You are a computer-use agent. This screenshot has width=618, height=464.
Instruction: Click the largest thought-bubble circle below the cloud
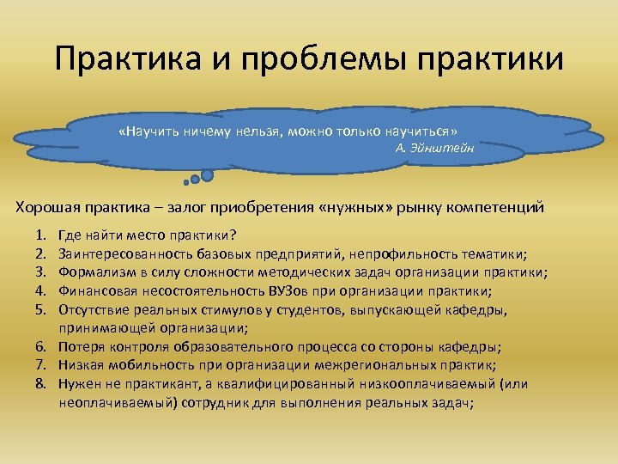[x=207, y=174]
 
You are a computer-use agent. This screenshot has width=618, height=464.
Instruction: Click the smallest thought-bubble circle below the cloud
[x=186, y=181]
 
